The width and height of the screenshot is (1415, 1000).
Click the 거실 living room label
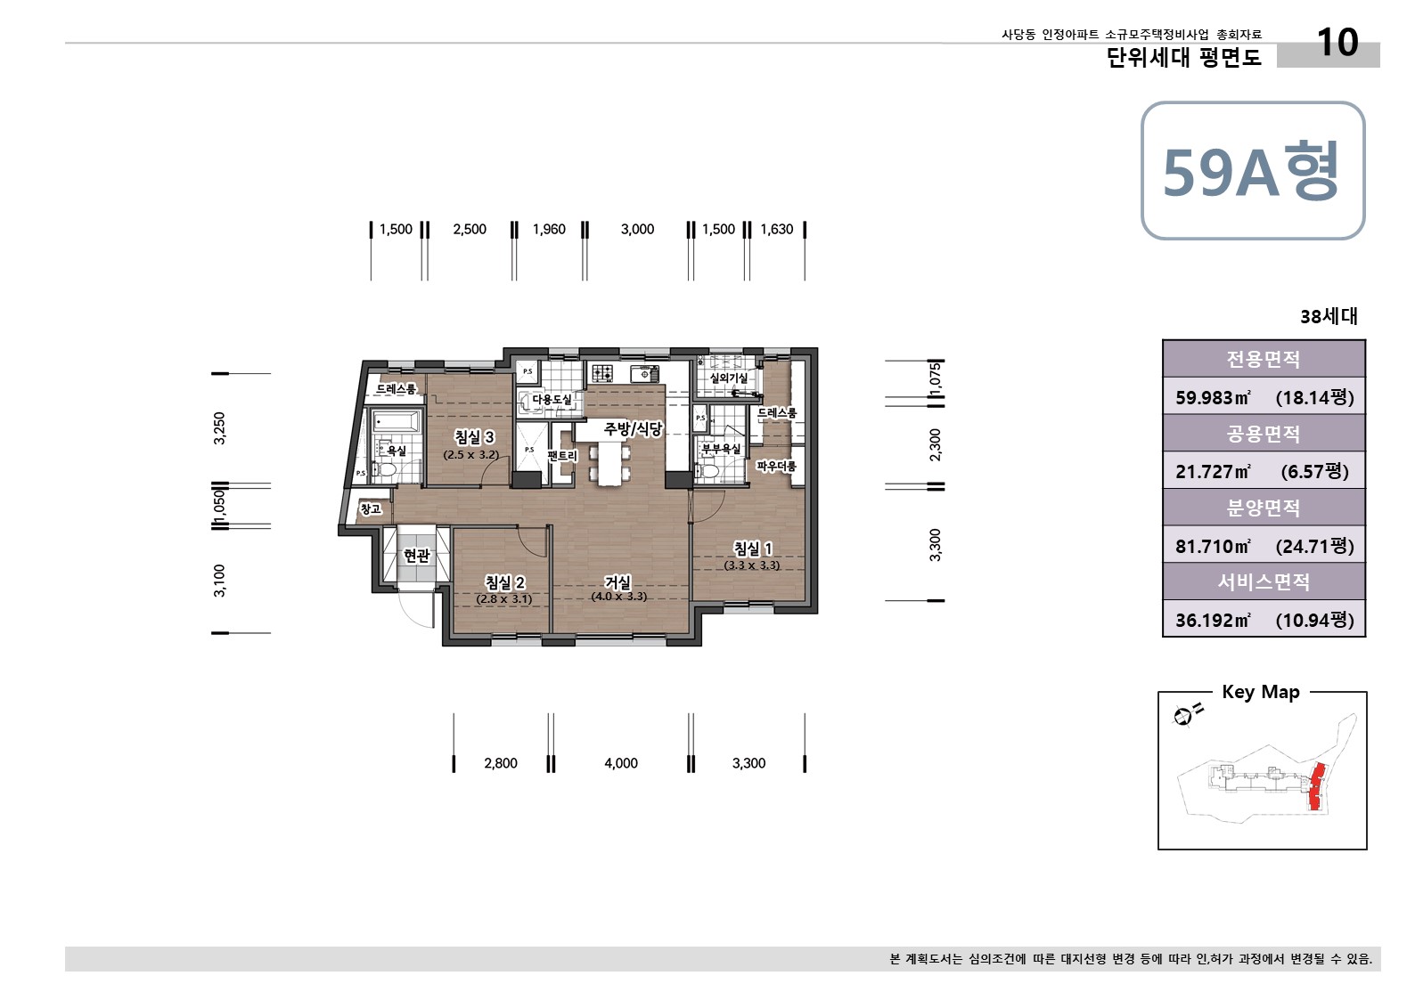click(x=618, y=582)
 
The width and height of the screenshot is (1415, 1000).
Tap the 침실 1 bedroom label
click(x=752, y=549)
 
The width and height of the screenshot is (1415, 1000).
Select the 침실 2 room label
click(x=504, y=582)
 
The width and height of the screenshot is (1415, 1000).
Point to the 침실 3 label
click(x=473, y=437)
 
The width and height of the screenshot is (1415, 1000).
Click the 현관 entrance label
click(x=416, y=556)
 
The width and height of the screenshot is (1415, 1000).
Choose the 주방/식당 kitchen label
click(x=633, y=429)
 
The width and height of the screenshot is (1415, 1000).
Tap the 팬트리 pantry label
click(x=562, y=456)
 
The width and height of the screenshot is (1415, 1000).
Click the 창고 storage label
click(x=371, y=509)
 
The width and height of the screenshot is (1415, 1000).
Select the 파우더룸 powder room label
click(x=776, y=466)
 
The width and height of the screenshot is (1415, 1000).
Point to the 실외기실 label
click(x=728, y=378)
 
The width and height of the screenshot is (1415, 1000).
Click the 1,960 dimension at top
click(x=549, y=230)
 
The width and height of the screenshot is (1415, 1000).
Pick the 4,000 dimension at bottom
click(x=621, y=763)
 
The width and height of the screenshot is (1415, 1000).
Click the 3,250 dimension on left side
click(x=220, y=427)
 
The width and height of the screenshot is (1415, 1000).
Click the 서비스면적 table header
click(x=1264, y=582)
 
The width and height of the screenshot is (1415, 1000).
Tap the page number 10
click(x=1337, y=43)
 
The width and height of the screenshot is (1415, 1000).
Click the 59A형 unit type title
click(x=1251, y=171)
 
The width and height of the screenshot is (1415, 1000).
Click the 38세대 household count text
click(x=1329, y=317)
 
